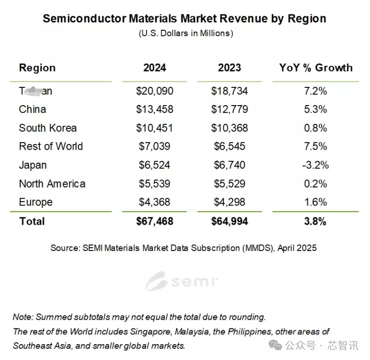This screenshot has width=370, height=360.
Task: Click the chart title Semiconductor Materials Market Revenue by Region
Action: coord(185,19)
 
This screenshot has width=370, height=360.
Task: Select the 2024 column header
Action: coord(155,68)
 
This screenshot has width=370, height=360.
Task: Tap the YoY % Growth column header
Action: coord(316,68)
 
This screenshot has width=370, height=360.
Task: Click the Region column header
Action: coord(37,68)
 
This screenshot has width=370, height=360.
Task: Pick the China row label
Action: coord(33,109)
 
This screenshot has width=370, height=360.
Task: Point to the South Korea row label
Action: coord(48,128)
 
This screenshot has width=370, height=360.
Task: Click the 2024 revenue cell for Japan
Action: coord(155,165)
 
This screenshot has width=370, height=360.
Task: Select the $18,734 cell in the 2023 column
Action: coord(229,91)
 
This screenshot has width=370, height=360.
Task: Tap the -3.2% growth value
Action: coord(316,165)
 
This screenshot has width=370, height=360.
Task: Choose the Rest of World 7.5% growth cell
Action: coord(316,146)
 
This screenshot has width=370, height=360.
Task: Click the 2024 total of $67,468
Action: coord(155,221)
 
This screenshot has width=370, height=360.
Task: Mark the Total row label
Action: coord(32,221)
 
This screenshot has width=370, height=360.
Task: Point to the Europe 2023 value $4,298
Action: coord(229,202)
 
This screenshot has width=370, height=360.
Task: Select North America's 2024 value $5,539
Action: coord(155,184)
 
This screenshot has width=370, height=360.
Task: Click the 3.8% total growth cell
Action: coord(316,221)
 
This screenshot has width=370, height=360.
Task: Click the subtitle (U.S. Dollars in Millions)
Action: coord(185,33)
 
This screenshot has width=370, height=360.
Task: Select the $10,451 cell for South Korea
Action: coord(155,128)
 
